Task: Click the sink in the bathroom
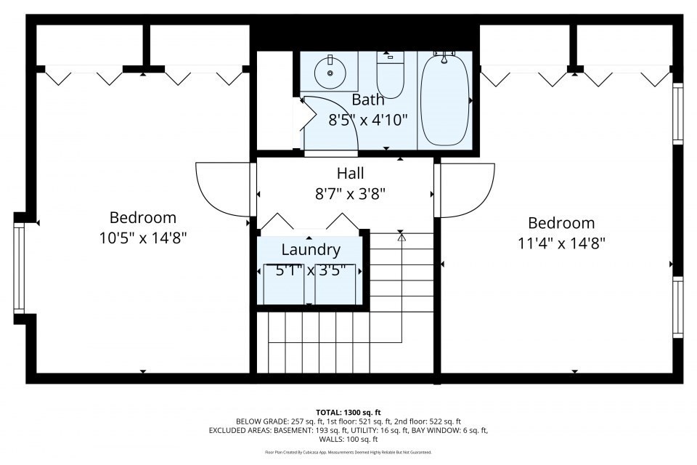point(331,70)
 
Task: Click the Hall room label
point(350,174)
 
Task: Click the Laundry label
point(311,250)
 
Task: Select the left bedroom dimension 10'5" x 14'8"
point(143,237)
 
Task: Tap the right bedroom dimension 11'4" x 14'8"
point(561,243)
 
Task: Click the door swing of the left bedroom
point(221,190)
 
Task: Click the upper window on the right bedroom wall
point(678,113)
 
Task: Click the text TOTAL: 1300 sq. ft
point(348,412)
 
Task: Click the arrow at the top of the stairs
point(401,236)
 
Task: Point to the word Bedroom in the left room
point(143,217)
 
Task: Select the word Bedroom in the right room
point(561,223)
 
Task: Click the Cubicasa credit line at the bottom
point(348,452)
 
